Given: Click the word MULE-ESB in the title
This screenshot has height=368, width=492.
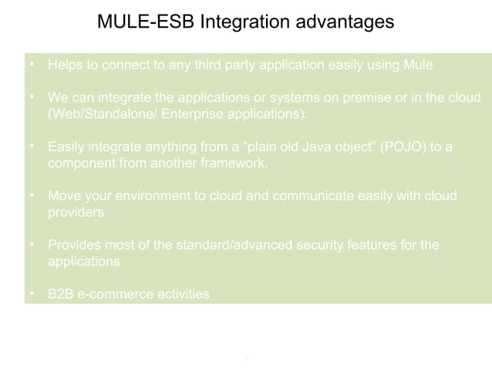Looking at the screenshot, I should pyautogui.click(x=145, y=22).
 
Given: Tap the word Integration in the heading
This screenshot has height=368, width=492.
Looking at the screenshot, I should pyautogui.click(x=243, y=22).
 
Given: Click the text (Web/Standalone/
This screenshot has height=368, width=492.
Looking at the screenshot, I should pyautogui.click(x=96, y=115).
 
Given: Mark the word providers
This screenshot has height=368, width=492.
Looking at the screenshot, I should pyautogui.click(x=76, y=212).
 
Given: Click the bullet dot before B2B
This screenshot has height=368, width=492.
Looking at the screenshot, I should pyautogui.click(x=32, y=293).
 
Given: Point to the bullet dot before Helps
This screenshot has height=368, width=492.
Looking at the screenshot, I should pyautogui.click(x=32, y=65).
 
